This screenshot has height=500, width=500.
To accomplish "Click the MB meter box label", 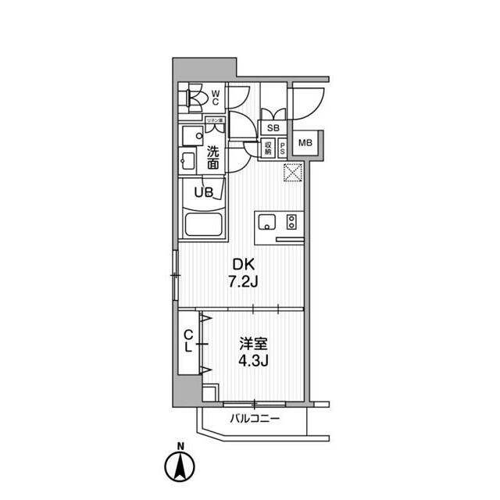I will (x=306, y=142).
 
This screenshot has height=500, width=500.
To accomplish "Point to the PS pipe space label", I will (x=281, y=147).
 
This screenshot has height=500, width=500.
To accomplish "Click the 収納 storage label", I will (x=267, y=147).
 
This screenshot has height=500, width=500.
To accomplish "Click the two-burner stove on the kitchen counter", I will (x=291, y=222).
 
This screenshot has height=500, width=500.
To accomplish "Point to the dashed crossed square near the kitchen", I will (x=292, y=172).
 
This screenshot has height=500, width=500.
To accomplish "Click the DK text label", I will (x=239, y=266).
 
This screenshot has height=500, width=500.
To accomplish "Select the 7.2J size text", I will (x=239, y=281).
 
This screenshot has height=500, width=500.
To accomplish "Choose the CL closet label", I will (x=188, y=342).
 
